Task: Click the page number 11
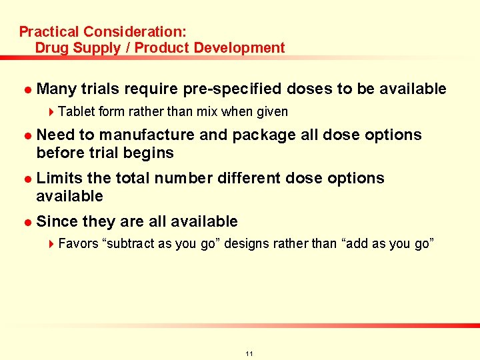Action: point(249,353)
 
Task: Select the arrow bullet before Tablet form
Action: point(53,111)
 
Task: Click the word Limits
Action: point(59,179)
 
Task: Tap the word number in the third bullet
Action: point(187,179)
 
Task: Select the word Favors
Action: point(78,243)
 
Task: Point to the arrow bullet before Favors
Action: point(53,243)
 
